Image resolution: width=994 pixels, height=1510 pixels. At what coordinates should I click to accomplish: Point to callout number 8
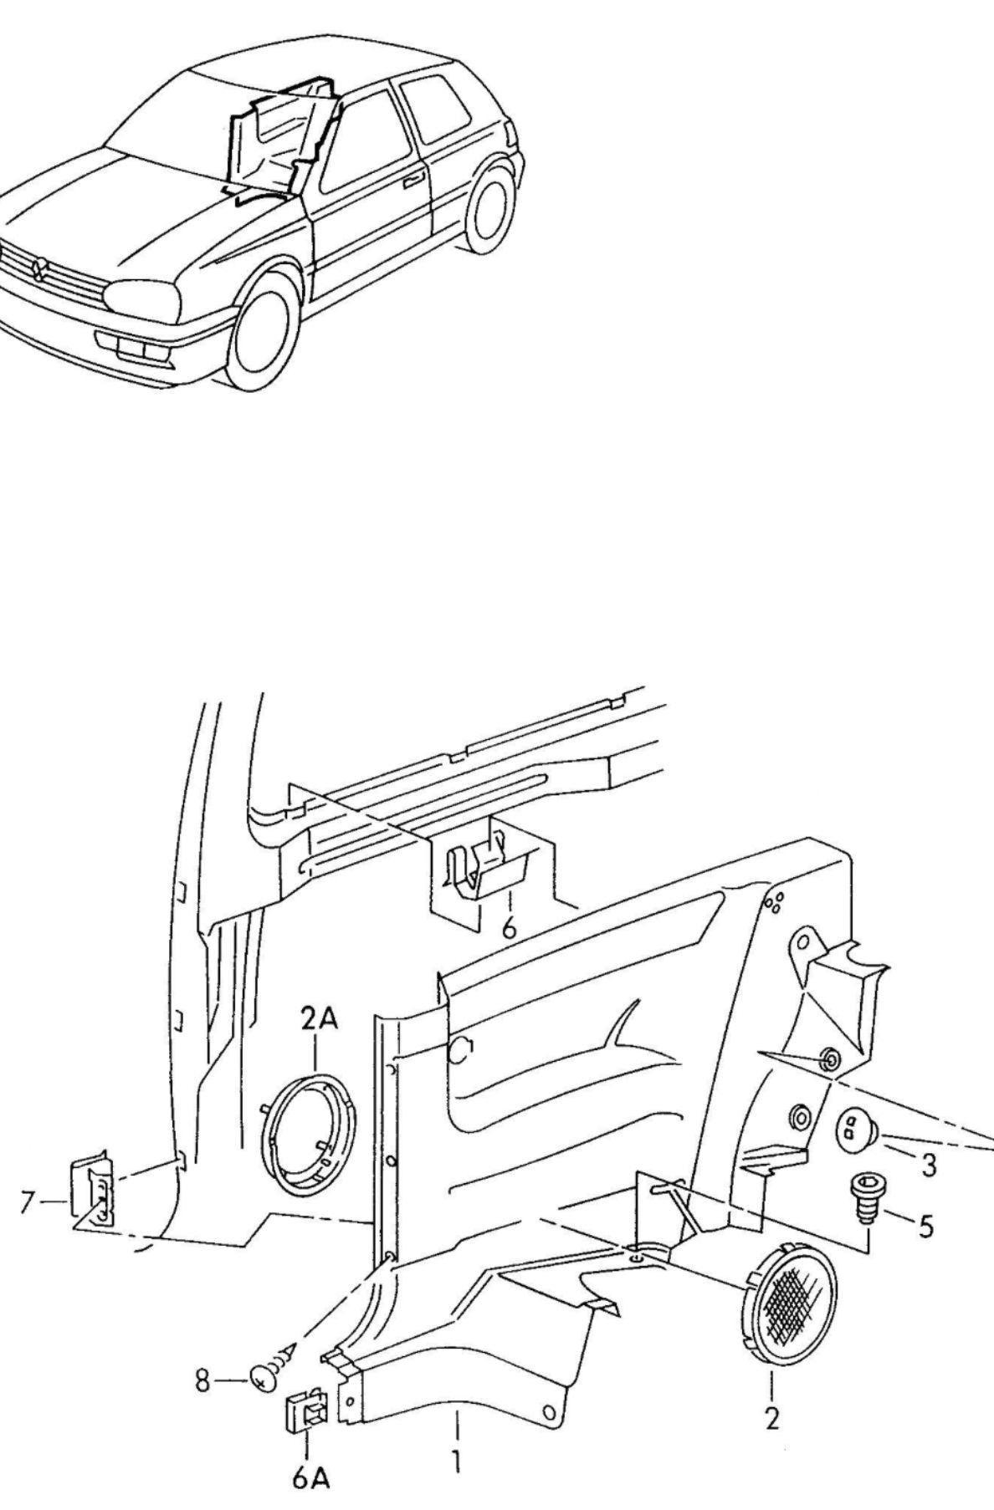pyautogui.click(x=203, y=1381)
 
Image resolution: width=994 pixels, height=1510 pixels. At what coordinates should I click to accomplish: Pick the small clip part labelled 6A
pyautogui.click(x=305, y=1411)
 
